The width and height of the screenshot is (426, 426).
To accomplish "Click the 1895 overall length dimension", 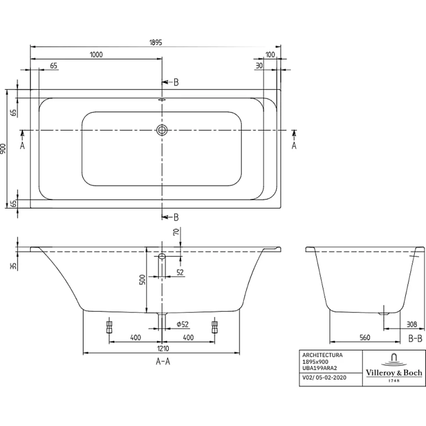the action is point(155,43).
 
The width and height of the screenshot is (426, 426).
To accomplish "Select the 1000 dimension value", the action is point(96,54).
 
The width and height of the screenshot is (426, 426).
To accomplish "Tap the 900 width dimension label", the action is point(3,149).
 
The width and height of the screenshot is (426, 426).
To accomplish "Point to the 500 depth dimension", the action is point(142,280).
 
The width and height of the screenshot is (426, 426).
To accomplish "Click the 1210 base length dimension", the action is point(163,349).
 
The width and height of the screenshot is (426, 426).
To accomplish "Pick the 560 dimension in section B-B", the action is point(365,338).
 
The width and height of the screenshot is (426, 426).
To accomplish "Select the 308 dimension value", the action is point(411,324).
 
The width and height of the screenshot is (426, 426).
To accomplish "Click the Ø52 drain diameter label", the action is point(182,324).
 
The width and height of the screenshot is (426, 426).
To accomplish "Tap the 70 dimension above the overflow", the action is point(176,232).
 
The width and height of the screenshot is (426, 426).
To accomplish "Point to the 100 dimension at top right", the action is point(270,54).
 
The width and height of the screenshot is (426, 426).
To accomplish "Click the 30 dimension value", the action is point(259,65).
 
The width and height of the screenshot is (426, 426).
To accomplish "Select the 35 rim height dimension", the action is point(13,266).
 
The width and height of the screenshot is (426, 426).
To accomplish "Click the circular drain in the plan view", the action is point(162,130).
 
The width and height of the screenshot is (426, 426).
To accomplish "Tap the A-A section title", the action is point(163,361).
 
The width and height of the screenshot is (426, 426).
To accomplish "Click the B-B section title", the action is point(416,339).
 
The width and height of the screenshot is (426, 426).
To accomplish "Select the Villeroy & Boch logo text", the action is point(394,373).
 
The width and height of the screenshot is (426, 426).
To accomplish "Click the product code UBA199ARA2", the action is point(319,368).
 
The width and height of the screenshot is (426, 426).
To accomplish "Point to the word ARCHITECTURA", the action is point(323,355).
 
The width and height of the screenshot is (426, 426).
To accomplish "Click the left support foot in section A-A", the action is point(109,325).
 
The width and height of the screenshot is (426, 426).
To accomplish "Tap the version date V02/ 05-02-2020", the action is point(324,378).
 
